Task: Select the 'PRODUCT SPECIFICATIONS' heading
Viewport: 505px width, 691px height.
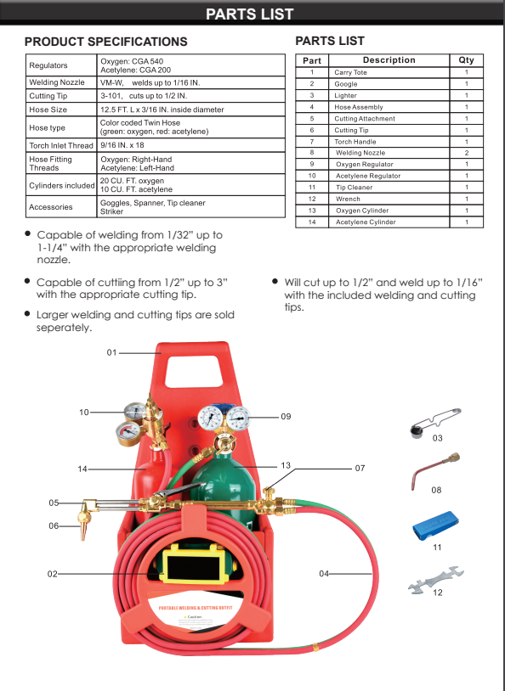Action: [105, 42]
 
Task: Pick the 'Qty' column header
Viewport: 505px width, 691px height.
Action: [466, 60]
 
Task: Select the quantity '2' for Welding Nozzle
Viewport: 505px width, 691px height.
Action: [466, 153]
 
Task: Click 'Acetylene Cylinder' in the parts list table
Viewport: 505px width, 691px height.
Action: [366, 222]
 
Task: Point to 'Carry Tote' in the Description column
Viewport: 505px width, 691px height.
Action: [349, 73]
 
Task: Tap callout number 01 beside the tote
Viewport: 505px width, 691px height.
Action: [111, 351]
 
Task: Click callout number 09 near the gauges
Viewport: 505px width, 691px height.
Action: [286, 417]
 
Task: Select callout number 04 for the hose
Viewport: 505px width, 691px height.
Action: [324, 574]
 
